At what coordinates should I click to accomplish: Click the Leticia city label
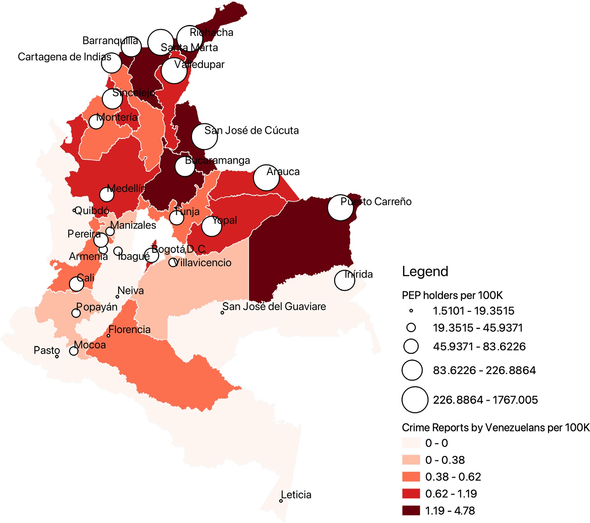point(296,495)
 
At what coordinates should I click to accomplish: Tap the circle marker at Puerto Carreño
point(340,208)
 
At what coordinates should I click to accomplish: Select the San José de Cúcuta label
point(251,130)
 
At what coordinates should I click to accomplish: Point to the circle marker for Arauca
point(266,178)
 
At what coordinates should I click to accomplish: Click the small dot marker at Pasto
point(57,356)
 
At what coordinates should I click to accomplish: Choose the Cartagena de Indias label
point(64,57)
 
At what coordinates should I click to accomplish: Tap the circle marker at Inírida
point(344,280)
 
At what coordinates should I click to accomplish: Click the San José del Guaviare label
point(274,306)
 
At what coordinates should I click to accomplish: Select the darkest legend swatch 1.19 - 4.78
point(411,511)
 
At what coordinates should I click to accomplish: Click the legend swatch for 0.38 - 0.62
point(411,477)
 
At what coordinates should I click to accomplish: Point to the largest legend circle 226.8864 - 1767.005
point(415,400)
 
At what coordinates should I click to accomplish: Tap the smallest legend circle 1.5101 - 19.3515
point(411,310)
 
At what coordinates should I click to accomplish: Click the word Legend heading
point(425,272)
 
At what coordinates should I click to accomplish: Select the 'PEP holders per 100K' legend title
point(452,295)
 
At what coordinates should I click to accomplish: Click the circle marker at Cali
point(77,284)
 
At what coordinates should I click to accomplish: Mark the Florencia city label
point(129,330)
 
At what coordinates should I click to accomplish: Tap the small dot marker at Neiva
point(118,297)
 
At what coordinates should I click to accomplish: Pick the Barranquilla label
point(110,41)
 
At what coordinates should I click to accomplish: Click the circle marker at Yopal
point(211,226)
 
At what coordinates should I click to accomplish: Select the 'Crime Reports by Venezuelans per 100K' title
point(496,428)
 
